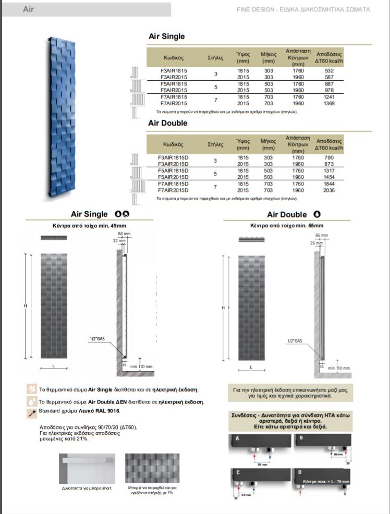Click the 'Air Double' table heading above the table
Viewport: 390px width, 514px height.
(x=168, y=124)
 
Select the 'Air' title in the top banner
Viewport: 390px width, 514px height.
(x=29, y=9)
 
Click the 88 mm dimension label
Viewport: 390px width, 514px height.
(x=124, y=233)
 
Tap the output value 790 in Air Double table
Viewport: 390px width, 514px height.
(x=328, y=157)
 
